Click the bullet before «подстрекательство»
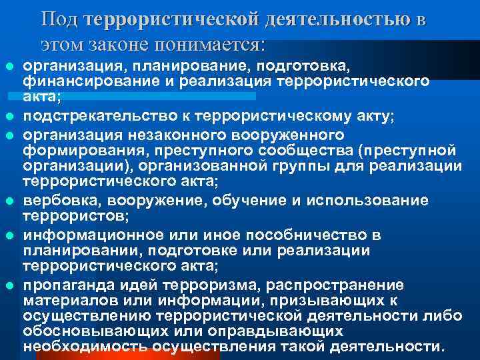[x=9, y=117]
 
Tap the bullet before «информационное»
[x=9, y=235]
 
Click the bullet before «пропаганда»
[x=9, y=285]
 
